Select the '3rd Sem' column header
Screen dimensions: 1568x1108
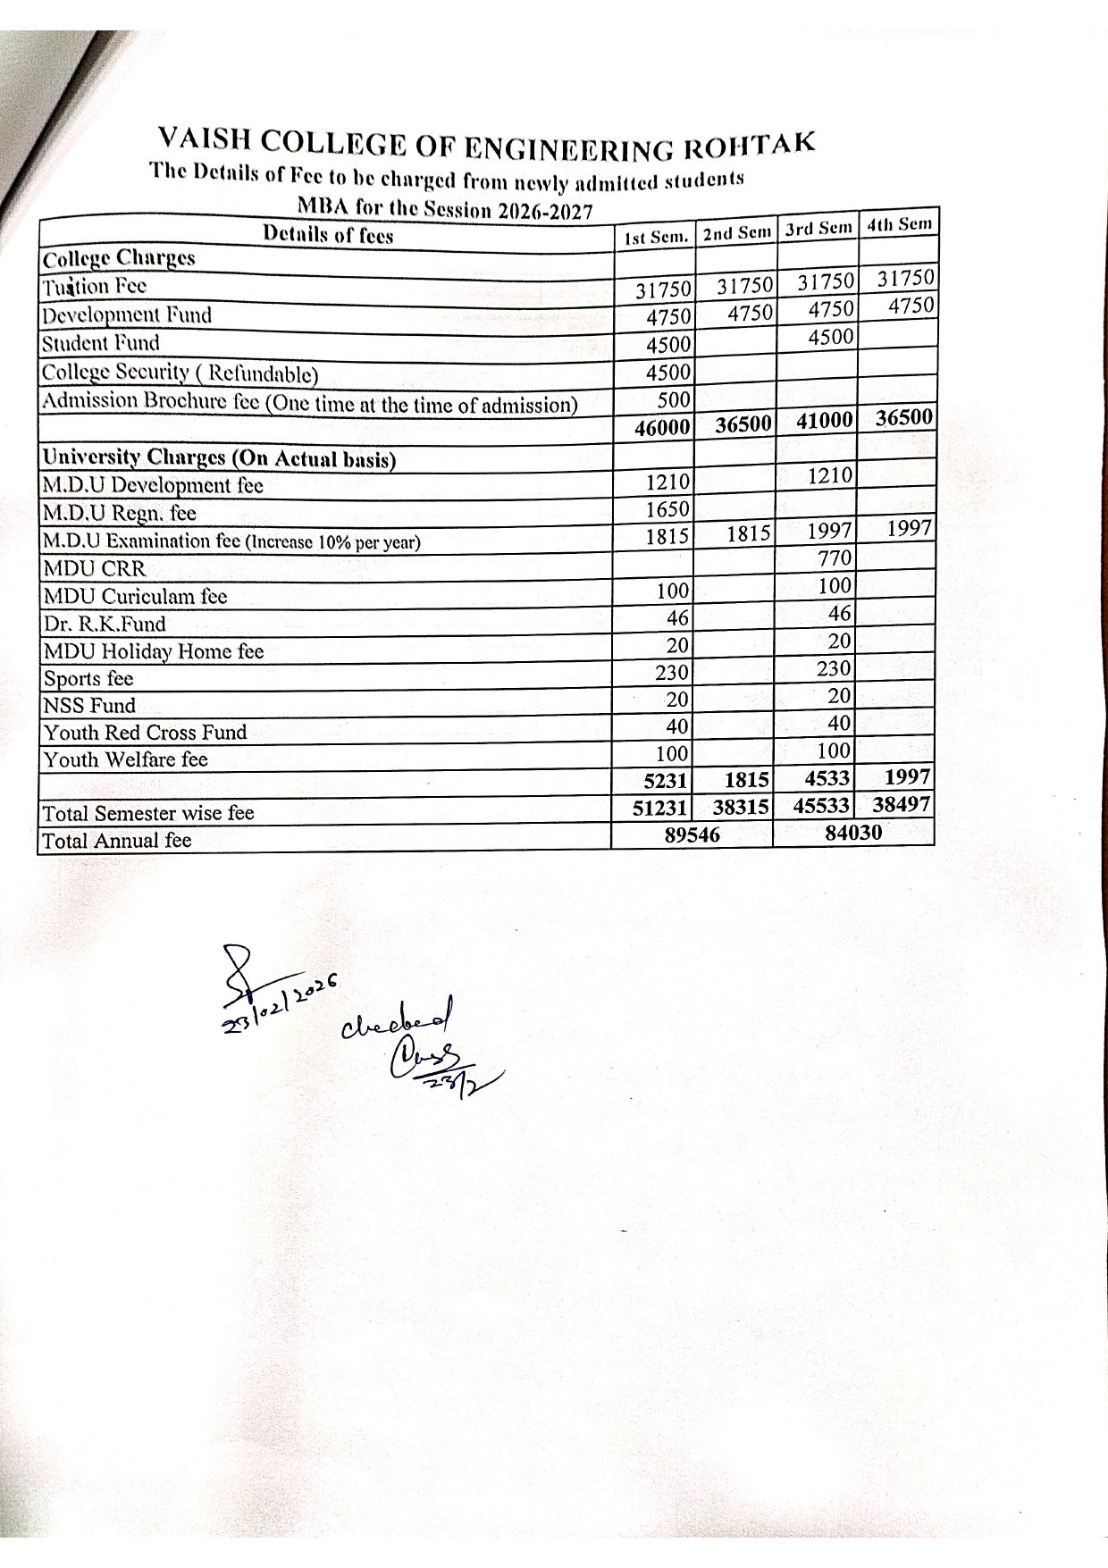click(818, 228)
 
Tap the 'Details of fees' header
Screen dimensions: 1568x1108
click(328, 235)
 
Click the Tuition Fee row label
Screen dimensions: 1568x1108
click(94, 287)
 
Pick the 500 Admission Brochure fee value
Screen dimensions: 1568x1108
click(673, 399)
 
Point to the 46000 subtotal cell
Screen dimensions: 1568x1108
click(662, 428)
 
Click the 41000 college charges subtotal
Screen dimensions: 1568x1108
click(825, 421)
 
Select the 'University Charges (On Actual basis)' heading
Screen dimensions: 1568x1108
click(219, 457)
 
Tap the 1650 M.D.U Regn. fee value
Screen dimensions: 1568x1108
click(667, 509)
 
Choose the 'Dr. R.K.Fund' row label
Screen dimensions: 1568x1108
click(104, 624)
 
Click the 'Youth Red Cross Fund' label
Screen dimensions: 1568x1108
click(145, 733)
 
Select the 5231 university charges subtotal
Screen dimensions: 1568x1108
click(666, 781)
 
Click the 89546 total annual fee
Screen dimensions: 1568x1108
click(692, 835)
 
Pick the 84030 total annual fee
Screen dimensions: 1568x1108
click(852, 833)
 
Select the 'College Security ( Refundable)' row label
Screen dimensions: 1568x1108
click(180, 373)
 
